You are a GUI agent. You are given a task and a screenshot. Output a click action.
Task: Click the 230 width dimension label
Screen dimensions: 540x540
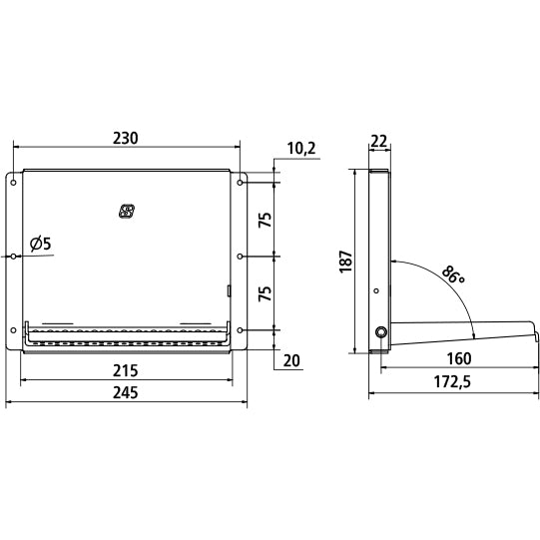point(126,138)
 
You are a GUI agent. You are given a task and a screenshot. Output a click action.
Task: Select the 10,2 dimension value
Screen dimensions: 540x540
point(301,149)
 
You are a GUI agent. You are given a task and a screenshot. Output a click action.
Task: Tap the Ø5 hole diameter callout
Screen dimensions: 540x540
point(40,244)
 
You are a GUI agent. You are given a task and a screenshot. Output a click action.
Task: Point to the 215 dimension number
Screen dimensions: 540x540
point(126,371)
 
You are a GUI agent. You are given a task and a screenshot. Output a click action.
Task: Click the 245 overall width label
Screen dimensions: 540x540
point(126,392)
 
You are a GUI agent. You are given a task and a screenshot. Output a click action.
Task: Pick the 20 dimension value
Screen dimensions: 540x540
point(291,360)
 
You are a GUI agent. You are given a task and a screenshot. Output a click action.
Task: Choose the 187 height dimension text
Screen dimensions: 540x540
point(346,263)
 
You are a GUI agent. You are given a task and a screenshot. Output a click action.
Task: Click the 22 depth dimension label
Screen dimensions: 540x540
point(379,141)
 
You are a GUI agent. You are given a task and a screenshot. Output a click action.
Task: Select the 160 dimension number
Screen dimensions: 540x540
point(459,359)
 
